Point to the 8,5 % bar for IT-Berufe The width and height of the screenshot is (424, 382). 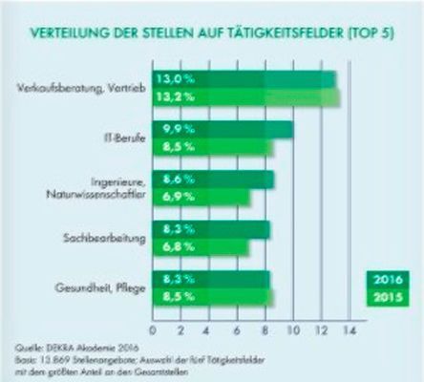215,147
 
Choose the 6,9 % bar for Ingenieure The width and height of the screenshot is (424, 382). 205,197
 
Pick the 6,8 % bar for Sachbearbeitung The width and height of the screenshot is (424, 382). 204,247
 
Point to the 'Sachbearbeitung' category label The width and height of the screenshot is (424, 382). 105,239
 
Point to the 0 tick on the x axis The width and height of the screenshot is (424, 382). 156,329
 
